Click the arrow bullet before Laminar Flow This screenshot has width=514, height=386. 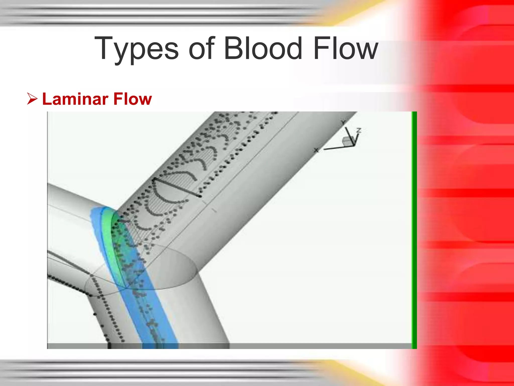coord(32,99)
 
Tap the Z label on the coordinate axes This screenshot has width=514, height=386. coord(359,130)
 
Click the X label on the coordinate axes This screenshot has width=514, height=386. coord(316,150)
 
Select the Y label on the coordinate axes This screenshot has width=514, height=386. coord(343,122)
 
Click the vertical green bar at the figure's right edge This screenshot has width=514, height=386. coord(414,230)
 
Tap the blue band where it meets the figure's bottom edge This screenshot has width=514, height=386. coord(160,346)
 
